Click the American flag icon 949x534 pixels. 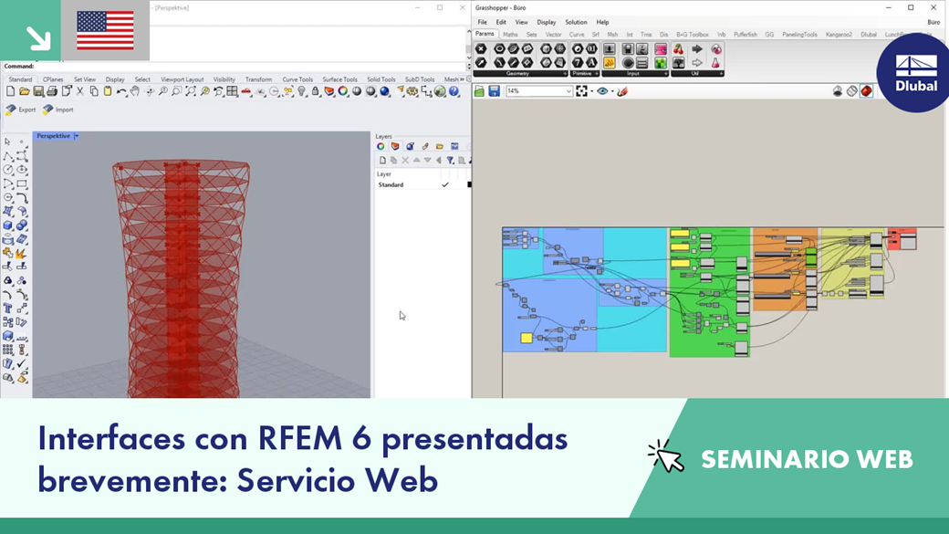pyautogui.click(x=105, y=30)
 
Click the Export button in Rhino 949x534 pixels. pyautogui.click(x=21, y=110)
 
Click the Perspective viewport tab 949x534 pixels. pyautogui.click(x=53, y=136)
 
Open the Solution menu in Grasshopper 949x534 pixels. pyautogui.click(x=576, y=22)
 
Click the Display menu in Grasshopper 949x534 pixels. pyautogui.click(x=546, y=22)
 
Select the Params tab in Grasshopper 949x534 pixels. pyautogui.click(x=485, y=34)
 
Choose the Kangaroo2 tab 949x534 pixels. pyautogui.click(x=839, y=35)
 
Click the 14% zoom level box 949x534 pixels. pyautogui.click(x=538, y=91)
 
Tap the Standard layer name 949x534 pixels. pyautogui.click(x=391, y=185)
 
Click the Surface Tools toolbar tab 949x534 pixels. pyautogui.click(x=339, y=79)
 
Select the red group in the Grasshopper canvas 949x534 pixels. pyautogui.click(x=902, y=238)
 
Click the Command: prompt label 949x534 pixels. pyautogui.click(x=19, y=67)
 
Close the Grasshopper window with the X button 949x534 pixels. pyautogui.click(x=933, y=7)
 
